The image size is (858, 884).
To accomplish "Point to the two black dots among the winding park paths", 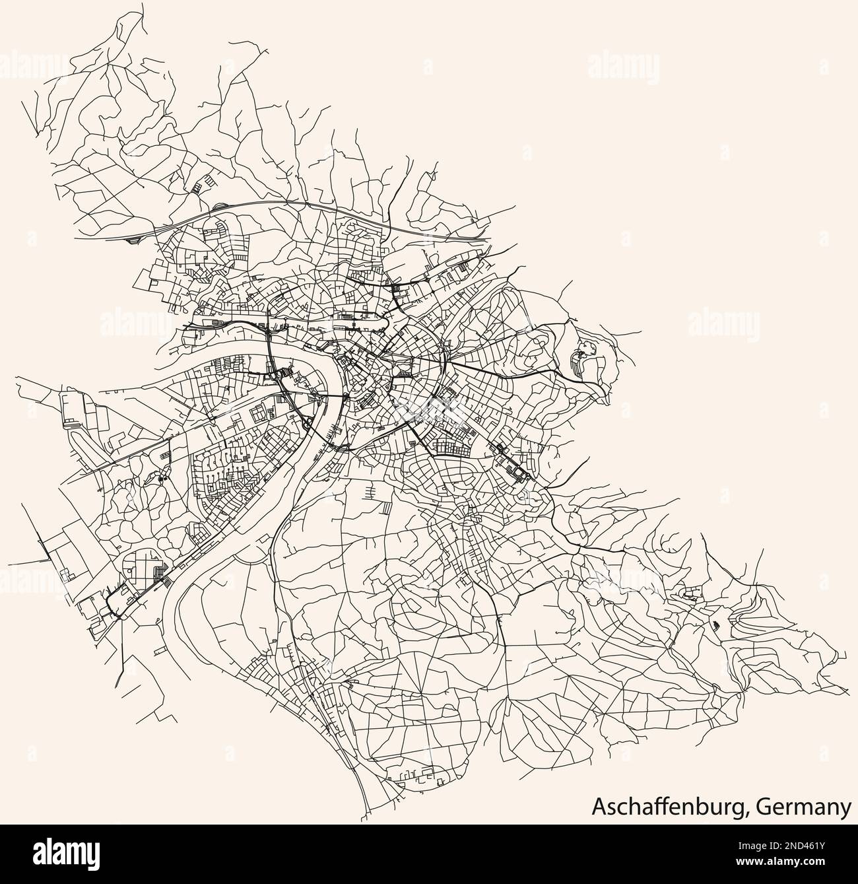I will point(162,477).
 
